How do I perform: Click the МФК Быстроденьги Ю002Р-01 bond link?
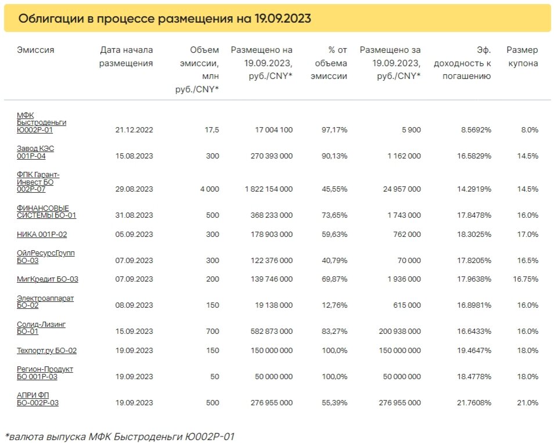click(41, 123)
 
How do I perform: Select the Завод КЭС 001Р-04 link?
click(35, 152)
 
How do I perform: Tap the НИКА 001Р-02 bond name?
click(42, 234)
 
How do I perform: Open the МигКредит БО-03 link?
click(48, 279)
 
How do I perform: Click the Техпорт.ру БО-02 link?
click(46, 351)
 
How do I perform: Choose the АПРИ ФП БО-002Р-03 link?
click(37, 399)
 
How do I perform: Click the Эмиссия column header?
click(35, 50)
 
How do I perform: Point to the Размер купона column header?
click(522, 56)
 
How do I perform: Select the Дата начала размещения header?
click(126, 56)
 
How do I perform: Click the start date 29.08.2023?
click(134, 189)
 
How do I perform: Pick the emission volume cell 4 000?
click(210, 189)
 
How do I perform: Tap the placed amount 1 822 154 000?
click(268, 189)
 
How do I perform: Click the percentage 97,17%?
click(334, 129)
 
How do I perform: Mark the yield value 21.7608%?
click(474, 403)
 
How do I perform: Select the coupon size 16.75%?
click(526, 279)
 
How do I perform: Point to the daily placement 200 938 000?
click(400, 332)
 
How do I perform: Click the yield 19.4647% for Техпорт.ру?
click(474, 351)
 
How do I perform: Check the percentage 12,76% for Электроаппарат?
click(334, 305)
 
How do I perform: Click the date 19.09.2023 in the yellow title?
click(283, 19)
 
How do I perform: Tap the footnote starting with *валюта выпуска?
click(120, 437)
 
